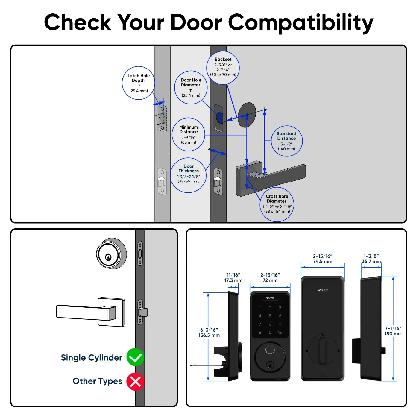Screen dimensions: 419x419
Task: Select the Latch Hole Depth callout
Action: click(139, 83)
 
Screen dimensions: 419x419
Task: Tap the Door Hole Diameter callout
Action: click(191, 87)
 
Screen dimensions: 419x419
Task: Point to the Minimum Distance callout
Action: click(189, 135)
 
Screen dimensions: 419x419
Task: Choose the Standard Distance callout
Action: click(286, 141)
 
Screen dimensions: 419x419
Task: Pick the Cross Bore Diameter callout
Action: click(277, 204)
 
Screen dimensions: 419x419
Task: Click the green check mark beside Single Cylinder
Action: click(135, 357)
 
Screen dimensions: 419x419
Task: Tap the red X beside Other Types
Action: click(135, 382)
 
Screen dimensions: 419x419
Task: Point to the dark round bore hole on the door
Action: click(247, 115)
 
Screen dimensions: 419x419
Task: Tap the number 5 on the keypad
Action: click(270, 316)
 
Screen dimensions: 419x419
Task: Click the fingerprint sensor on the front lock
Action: click(270, 350)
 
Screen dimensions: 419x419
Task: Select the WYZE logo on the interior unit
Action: click(323, 290)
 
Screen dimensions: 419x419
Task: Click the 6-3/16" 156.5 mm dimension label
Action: click(209, 333)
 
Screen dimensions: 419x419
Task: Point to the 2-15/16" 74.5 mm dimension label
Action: click(323, 259)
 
